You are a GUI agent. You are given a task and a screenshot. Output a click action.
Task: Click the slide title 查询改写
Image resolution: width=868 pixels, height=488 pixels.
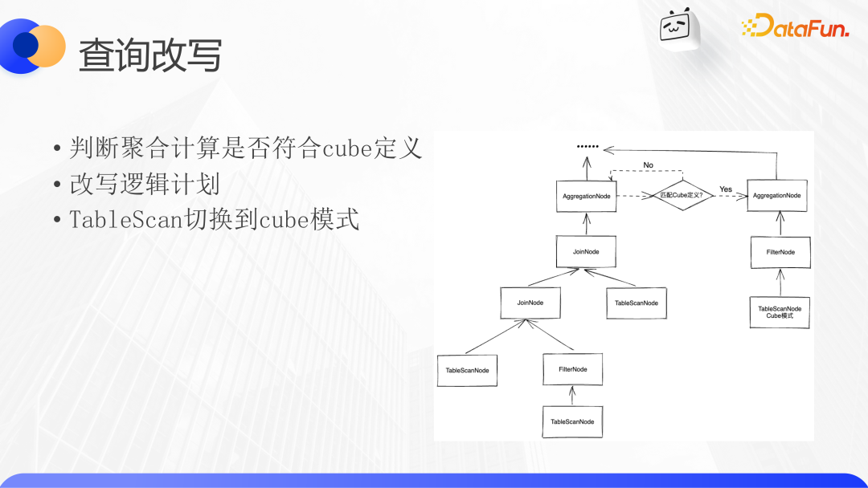[150, 55]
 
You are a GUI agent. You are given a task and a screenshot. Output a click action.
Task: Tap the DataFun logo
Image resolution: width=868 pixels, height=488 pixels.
[795, 26]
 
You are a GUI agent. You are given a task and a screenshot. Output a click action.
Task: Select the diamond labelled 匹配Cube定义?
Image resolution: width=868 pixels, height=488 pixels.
[682, 195]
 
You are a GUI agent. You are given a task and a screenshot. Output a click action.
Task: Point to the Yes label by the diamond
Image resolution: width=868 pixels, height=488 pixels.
[726, 189]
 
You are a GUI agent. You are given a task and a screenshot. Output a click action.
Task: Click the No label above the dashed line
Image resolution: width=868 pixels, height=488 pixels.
[649, 165]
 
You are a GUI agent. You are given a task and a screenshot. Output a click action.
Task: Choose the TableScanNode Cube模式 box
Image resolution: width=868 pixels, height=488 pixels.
[780, 312]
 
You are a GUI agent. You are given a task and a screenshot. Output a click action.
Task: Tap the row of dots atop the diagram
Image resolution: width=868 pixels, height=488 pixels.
[588, 146]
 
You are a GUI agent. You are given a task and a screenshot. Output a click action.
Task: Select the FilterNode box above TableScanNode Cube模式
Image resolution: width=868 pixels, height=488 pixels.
[780, 252]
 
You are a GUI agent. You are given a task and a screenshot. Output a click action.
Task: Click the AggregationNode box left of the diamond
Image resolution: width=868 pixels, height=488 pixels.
[586, 196]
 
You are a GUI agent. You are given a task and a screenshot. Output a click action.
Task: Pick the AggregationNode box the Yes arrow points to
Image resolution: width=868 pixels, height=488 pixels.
[777, 195]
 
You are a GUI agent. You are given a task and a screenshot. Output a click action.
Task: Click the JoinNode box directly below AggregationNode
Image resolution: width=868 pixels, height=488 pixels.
[586, 251]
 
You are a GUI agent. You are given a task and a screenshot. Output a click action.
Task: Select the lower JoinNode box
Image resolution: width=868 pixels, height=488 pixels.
[530, 303]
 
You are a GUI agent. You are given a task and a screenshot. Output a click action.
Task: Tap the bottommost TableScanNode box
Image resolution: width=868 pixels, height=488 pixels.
[572, 421]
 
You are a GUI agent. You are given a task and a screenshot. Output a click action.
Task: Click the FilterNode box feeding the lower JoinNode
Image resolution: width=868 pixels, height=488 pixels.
[573, 369]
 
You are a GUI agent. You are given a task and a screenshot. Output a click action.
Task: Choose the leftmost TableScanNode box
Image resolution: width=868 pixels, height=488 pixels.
[467, 370]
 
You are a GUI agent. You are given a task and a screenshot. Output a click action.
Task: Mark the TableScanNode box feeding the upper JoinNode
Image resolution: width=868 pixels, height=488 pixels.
[637, 303]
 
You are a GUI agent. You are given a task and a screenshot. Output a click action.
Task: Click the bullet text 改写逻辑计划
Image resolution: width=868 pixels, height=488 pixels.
[145, 184]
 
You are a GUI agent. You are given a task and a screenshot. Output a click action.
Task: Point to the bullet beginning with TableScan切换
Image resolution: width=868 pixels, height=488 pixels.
[215, 219]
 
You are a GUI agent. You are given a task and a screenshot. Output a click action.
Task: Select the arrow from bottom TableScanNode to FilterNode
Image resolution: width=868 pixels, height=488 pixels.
[572, 396]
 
